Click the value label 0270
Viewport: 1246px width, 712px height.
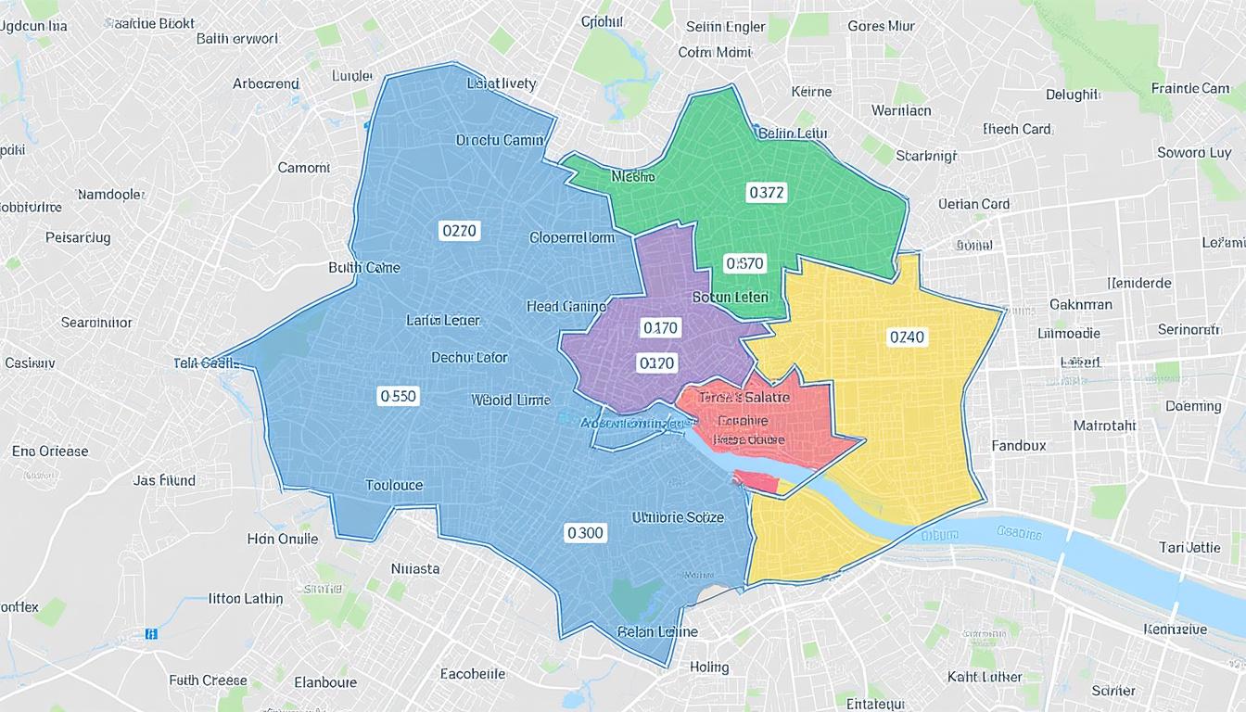tap(459, 231)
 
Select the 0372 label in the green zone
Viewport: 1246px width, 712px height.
tap(766, 193)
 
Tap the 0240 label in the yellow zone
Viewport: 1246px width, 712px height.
tap(907, 337)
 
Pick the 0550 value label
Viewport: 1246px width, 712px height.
tap(399, 397)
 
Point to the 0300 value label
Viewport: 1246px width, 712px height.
tap(585, 533)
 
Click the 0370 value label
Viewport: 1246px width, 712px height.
tap(744, 264)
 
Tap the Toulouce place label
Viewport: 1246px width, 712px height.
tap(394, 485)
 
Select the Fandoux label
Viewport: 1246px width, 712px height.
tap(1018, 446)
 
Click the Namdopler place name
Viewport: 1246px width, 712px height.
tap(110, 195)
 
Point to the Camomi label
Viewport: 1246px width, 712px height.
tap(303, 168)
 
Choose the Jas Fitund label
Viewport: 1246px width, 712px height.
tap(164, 480)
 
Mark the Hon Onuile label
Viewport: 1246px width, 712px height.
tap(283, 539)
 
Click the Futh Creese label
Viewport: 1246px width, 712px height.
tap(208, 680)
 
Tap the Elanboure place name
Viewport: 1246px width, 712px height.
tap(325, 682)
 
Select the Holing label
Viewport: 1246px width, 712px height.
tap(709, 667)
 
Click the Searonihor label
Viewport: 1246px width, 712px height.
tap(96, 323)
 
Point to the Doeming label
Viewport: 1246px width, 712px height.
tap(1193, 406)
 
